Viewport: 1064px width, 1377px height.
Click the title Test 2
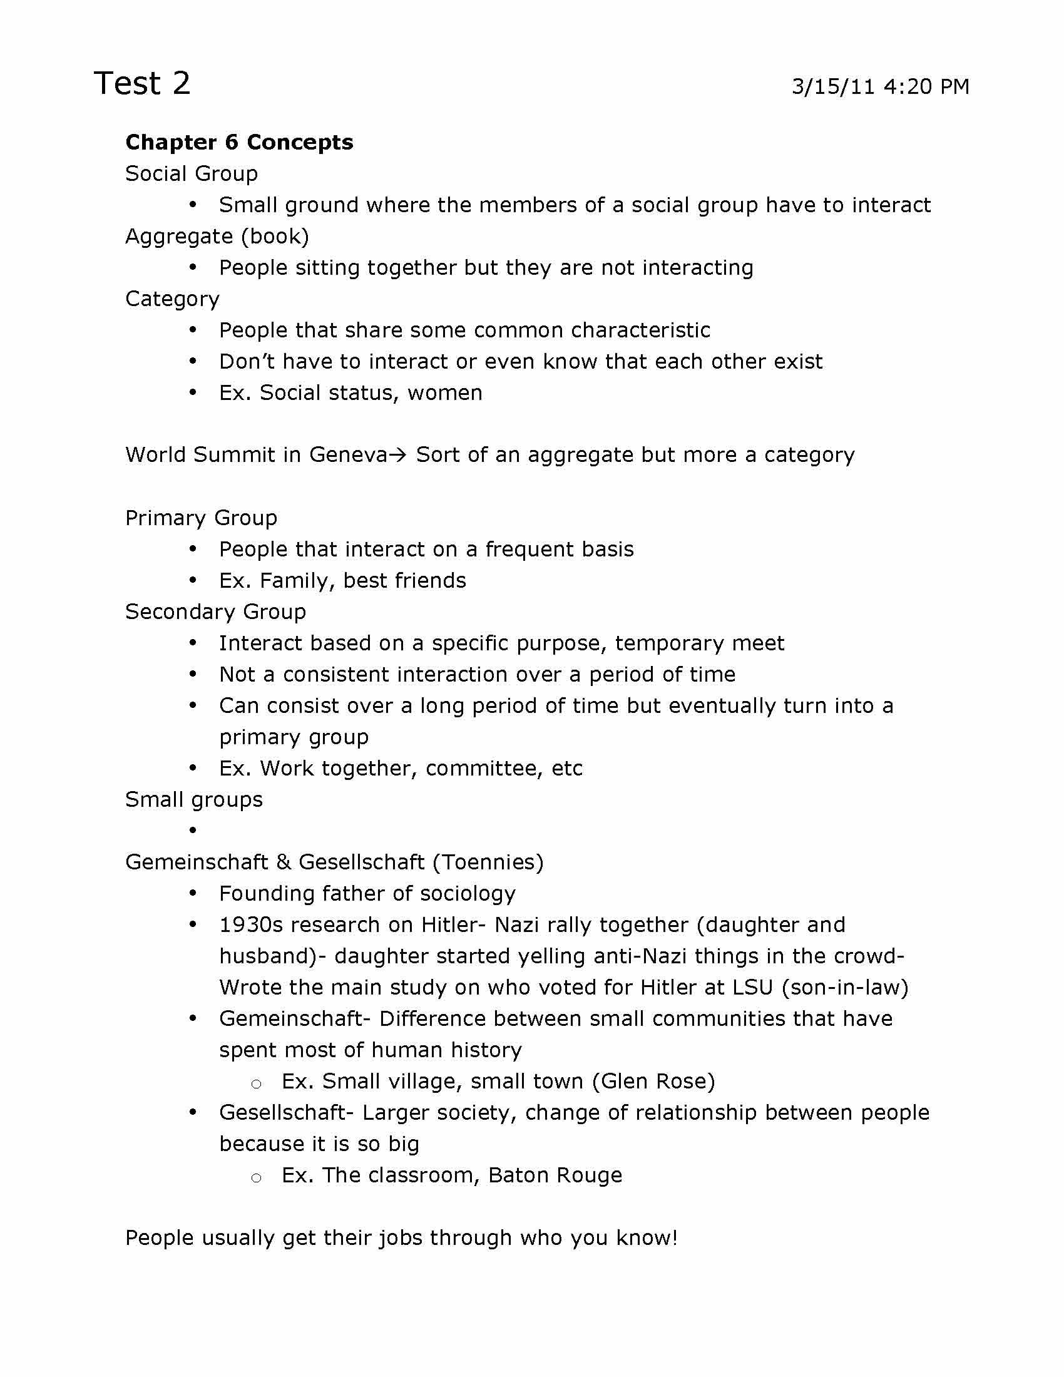(x=142, y=83)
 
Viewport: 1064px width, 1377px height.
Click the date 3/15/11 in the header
(x=833, y=86)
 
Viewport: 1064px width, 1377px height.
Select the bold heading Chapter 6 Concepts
(x=239, y=143)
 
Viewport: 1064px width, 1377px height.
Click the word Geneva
(x=348, y=454)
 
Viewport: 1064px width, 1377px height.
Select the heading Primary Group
(x=201, y=518)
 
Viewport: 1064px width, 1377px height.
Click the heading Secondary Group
(x=215, y=612)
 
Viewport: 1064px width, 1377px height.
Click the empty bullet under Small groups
(x=193, y=831)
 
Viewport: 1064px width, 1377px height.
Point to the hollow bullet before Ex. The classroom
(x=256, y=1177)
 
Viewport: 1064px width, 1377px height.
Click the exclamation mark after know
(x=675, y=1237)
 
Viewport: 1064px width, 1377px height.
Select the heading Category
(x=172, y=299)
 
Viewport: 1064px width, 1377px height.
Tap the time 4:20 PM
(x=926, y=86)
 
